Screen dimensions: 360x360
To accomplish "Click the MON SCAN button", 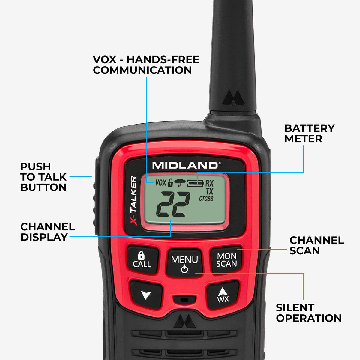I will coord(226,260).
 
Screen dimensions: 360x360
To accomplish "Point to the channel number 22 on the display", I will coord(173,205).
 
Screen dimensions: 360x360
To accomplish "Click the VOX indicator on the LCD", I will coord(161,182).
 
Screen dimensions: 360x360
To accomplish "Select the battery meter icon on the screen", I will coord(195,183).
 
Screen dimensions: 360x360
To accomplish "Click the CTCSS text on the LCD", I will coord(206,199).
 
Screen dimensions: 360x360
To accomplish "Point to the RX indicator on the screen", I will coord(209,183).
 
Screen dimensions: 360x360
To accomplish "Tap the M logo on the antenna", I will coord(233,98).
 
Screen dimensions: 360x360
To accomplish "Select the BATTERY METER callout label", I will coord(309,133).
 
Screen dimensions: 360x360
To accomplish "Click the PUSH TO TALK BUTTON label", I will coord(43,177).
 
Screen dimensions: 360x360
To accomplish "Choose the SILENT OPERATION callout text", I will coord(309,313).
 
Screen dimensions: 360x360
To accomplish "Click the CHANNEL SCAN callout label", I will coord(316,245).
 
